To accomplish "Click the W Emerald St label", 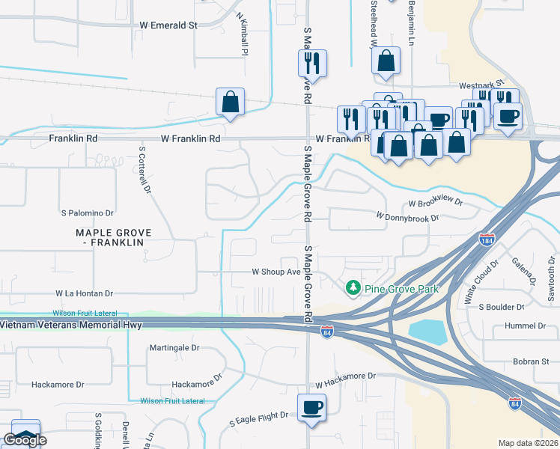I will (x=168, y=25).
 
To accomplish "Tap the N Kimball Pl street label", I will (x=242, y=34).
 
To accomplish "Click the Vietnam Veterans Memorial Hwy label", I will (x=71, y=325).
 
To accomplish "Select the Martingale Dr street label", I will (x=174, y=347).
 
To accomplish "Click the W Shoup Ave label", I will (x=276, y=272).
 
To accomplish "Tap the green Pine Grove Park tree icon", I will (x=352, y=287).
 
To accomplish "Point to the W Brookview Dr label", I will (x=436, y=203).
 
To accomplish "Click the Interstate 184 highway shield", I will (x=487, y=240).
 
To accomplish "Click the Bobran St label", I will (x=532, y=361).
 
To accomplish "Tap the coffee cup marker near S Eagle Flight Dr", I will (x=311, y=408).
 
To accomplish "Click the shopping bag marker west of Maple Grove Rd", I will (x=230, y=101).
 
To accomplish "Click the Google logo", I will (x=25, y=440).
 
